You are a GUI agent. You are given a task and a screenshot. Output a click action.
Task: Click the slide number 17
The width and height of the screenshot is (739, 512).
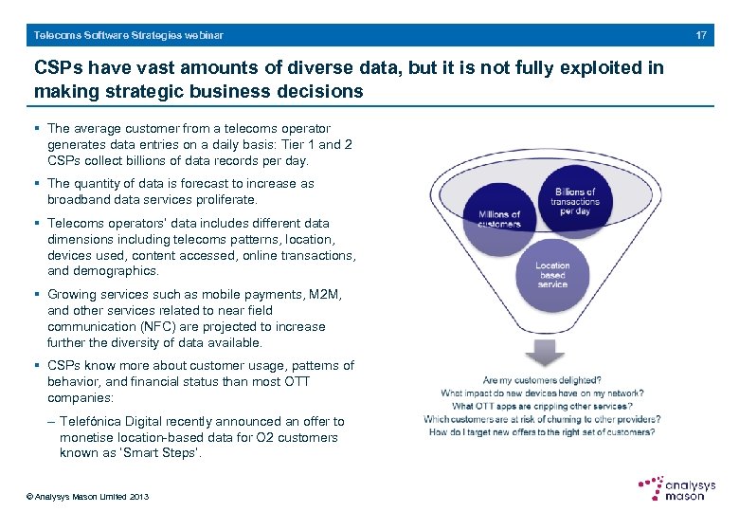point(701,35)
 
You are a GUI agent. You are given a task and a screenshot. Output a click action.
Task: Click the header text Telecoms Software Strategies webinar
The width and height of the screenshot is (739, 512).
point(129,35)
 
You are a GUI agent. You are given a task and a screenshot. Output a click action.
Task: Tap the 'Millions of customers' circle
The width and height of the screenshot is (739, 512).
point(499,220)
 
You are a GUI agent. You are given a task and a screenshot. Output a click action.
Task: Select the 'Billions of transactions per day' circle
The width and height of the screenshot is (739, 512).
point(574,201)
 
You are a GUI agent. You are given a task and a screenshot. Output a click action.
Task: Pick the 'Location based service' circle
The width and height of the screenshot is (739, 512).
point(552,275)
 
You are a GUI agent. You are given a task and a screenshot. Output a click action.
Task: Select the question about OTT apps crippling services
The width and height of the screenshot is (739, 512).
point(542,406)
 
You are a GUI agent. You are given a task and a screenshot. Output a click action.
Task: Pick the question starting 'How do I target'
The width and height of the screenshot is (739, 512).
point(542,431)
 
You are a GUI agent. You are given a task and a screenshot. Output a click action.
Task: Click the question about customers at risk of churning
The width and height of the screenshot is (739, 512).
point(542,419)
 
